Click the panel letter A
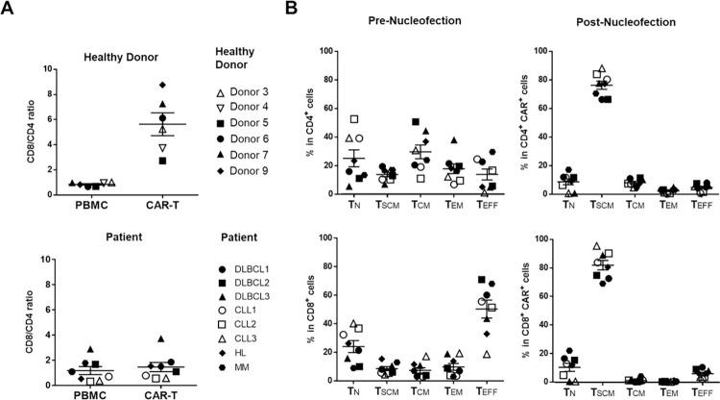coord(9,10)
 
